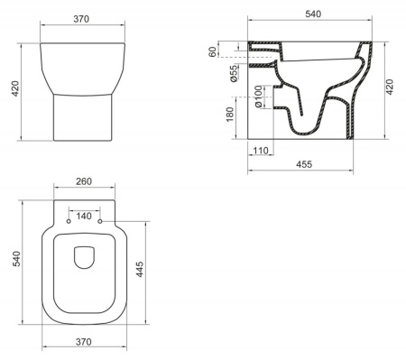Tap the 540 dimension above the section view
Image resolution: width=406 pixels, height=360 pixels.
[x=313, y=14]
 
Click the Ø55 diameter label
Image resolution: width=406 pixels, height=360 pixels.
[x=234, y=74]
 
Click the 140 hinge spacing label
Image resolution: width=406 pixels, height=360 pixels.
[x=84, y=217]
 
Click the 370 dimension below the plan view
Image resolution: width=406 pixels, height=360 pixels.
[x=85, y=344]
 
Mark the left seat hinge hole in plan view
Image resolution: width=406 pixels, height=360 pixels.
[x=69, y=222]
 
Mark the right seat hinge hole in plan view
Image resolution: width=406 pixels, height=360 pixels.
[x=100, y=222]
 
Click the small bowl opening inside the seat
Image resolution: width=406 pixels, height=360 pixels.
[x=85, y=258]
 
